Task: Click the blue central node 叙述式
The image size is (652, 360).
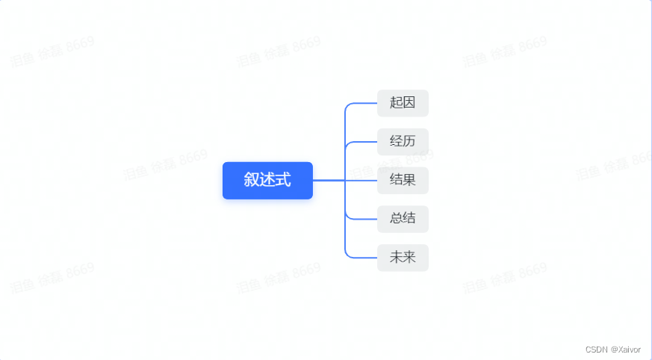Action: pyautogui.click(x=267, y=180)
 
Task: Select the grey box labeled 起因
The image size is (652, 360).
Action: pyautogui.click(x=403, y=103)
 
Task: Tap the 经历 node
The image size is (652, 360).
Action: pyautogui.click(x=403, y=141)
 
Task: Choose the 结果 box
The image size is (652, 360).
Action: pyautogui.click(x=403, y=180)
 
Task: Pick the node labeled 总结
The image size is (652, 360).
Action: pyautogui.click(x=403, y=219)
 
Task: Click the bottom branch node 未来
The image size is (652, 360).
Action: pyautogui.click(x=403, y=258)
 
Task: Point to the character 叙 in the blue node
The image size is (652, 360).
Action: pyautogui.click(x=252, y=180)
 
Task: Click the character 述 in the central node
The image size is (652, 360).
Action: pyautogui.click(x=267, y=180)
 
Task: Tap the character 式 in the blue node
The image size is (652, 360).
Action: pyautogui.click(x=283, y=180)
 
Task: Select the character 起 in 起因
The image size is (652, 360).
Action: pyautogui.click(x=396, y=103)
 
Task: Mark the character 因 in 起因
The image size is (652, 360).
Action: pyautogui.click(x=409, y=103)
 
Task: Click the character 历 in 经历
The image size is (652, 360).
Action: pyautogui.click(x=409, y=141)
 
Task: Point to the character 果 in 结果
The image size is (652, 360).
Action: pyautogui.click(x=409, y=180)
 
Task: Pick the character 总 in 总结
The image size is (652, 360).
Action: pyautogui.click(x=396, y=219)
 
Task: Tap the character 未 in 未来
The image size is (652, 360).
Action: pyautogui.click(x=396, y=258)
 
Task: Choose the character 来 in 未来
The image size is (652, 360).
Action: pyautogui.click(x=409, y=258)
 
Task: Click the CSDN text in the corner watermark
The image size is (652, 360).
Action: pyautogui.click(x=596, y=349)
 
